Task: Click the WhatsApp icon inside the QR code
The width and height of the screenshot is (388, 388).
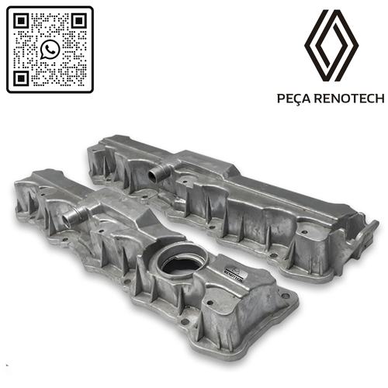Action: pyautogui.click(x=50, y=50)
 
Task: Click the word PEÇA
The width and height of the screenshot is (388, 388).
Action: pyautogui.click(x=294, y=99)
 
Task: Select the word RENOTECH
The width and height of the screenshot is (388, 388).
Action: pyautogui.click(x=347, y=99)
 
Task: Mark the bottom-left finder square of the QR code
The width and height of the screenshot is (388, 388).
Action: pyautogui.click(x=22, y=78)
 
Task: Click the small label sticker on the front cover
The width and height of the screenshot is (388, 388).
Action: pyautogui.click(x=231, y=271)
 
